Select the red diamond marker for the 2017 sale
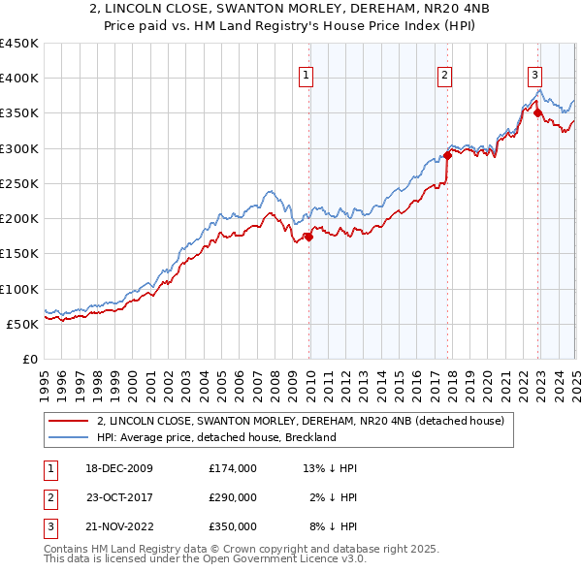click(x=447, y=155)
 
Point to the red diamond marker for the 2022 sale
click(x=537, y=113)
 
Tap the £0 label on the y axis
click(x=29, y=359)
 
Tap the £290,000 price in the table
click(x=233, y=497)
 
